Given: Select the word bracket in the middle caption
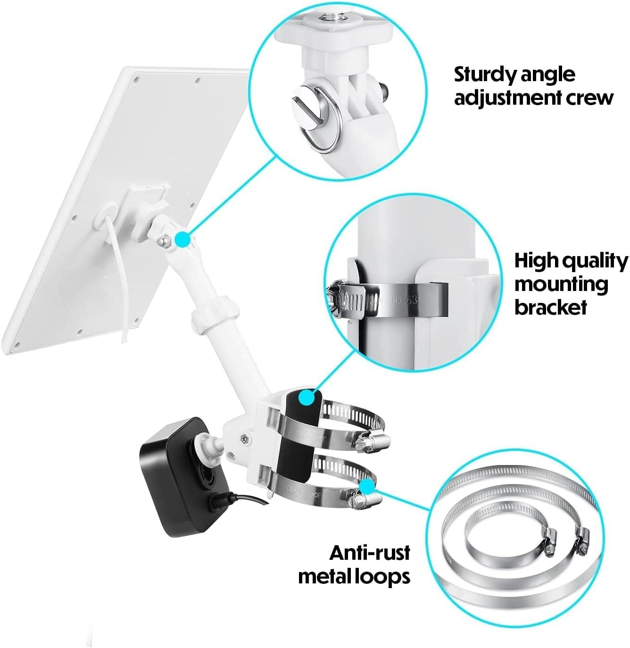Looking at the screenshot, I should point(550,307).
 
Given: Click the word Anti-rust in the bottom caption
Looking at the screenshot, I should point(369,552).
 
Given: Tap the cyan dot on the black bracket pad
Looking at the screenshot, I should point(307,398).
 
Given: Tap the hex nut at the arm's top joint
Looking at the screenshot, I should point(163,240).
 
